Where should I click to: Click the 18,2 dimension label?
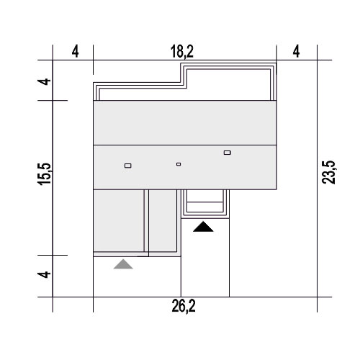pyautogui.click(x=182, y=51)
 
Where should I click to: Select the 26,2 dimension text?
pyautogui.click(x=184, y=306)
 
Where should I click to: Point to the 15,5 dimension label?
pyautogui.click(x=45, y=174)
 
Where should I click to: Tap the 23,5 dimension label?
pyautogui.click(x=328, y=172)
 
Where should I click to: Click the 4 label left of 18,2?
pyautogui.click(x=75, y=51)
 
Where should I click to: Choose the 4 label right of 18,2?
pyautogui.click(x=297, y=51)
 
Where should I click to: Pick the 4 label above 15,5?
pyautogui.click(x=45, y=81)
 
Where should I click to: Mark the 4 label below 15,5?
pyautogui.click(x=45, y=274)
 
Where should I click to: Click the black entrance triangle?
pyautogui.click(x=203, y=227)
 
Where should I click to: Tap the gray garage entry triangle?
pyautogui.click(x=123, y=264)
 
